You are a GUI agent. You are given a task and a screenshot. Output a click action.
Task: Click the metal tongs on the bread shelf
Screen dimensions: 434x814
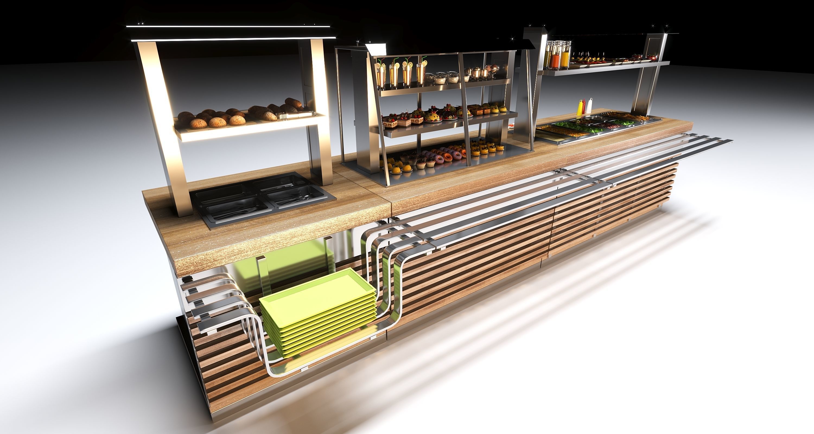[295, 114]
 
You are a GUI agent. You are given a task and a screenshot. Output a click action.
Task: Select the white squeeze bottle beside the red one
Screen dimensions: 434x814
[589, 106]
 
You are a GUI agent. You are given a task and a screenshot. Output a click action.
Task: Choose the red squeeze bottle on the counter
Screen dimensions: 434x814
[584, 107]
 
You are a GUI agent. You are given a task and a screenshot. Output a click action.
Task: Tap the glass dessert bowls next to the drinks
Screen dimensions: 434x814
[442, 77]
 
